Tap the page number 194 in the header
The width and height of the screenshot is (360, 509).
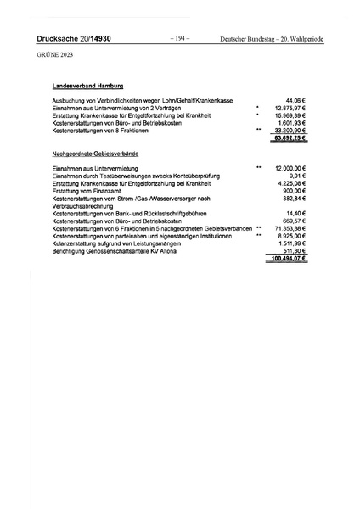point(180,39)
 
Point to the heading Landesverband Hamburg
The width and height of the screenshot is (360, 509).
point(88,86)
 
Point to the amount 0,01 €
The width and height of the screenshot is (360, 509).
point(297,176)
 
